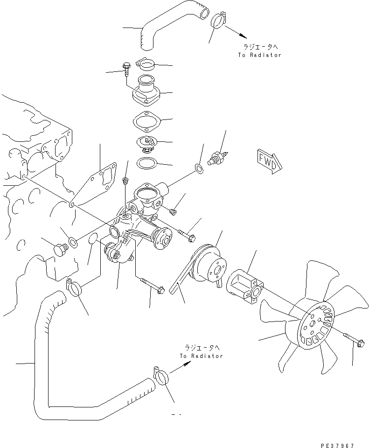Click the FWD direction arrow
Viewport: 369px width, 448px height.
269,160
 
